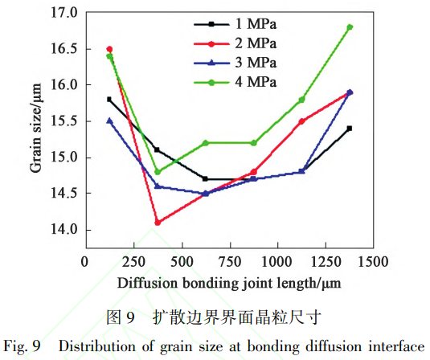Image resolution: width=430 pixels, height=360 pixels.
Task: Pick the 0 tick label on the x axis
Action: [85, 262]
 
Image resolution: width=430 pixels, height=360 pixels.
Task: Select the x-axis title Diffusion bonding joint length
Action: [228, 284]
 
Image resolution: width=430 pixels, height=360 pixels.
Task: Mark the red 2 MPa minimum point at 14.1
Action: [158, 223]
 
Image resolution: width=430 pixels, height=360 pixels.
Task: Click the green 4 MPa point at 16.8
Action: [350, 27]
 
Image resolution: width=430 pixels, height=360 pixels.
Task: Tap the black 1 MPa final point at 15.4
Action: [350, 129]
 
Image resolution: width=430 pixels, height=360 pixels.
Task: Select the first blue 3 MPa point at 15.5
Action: [109, 121]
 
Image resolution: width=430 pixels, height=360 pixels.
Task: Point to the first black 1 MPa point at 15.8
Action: [109, 100]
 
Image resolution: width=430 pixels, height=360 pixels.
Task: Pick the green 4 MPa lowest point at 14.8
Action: [158, 172]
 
